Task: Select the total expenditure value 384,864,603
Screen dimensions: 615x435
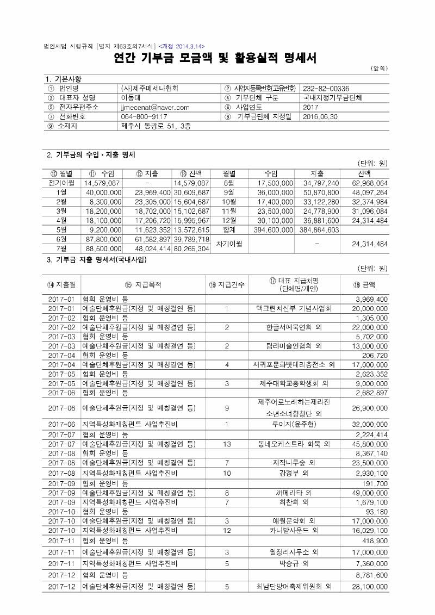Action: click(x=319, y=230)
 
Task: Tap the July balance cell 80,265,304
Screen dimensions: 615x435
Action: click(x=191, y=249)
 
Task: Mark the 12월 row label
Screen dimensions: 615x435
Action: click(x=228, y=220)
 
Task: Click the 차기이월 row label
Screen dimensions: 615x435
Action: click(x=228, y=244)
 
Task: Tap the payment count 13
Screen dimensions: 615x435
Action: click(x=227, y=444)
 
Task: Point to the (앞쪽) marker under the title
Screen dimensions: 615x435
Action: click(x=378, y=69)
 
